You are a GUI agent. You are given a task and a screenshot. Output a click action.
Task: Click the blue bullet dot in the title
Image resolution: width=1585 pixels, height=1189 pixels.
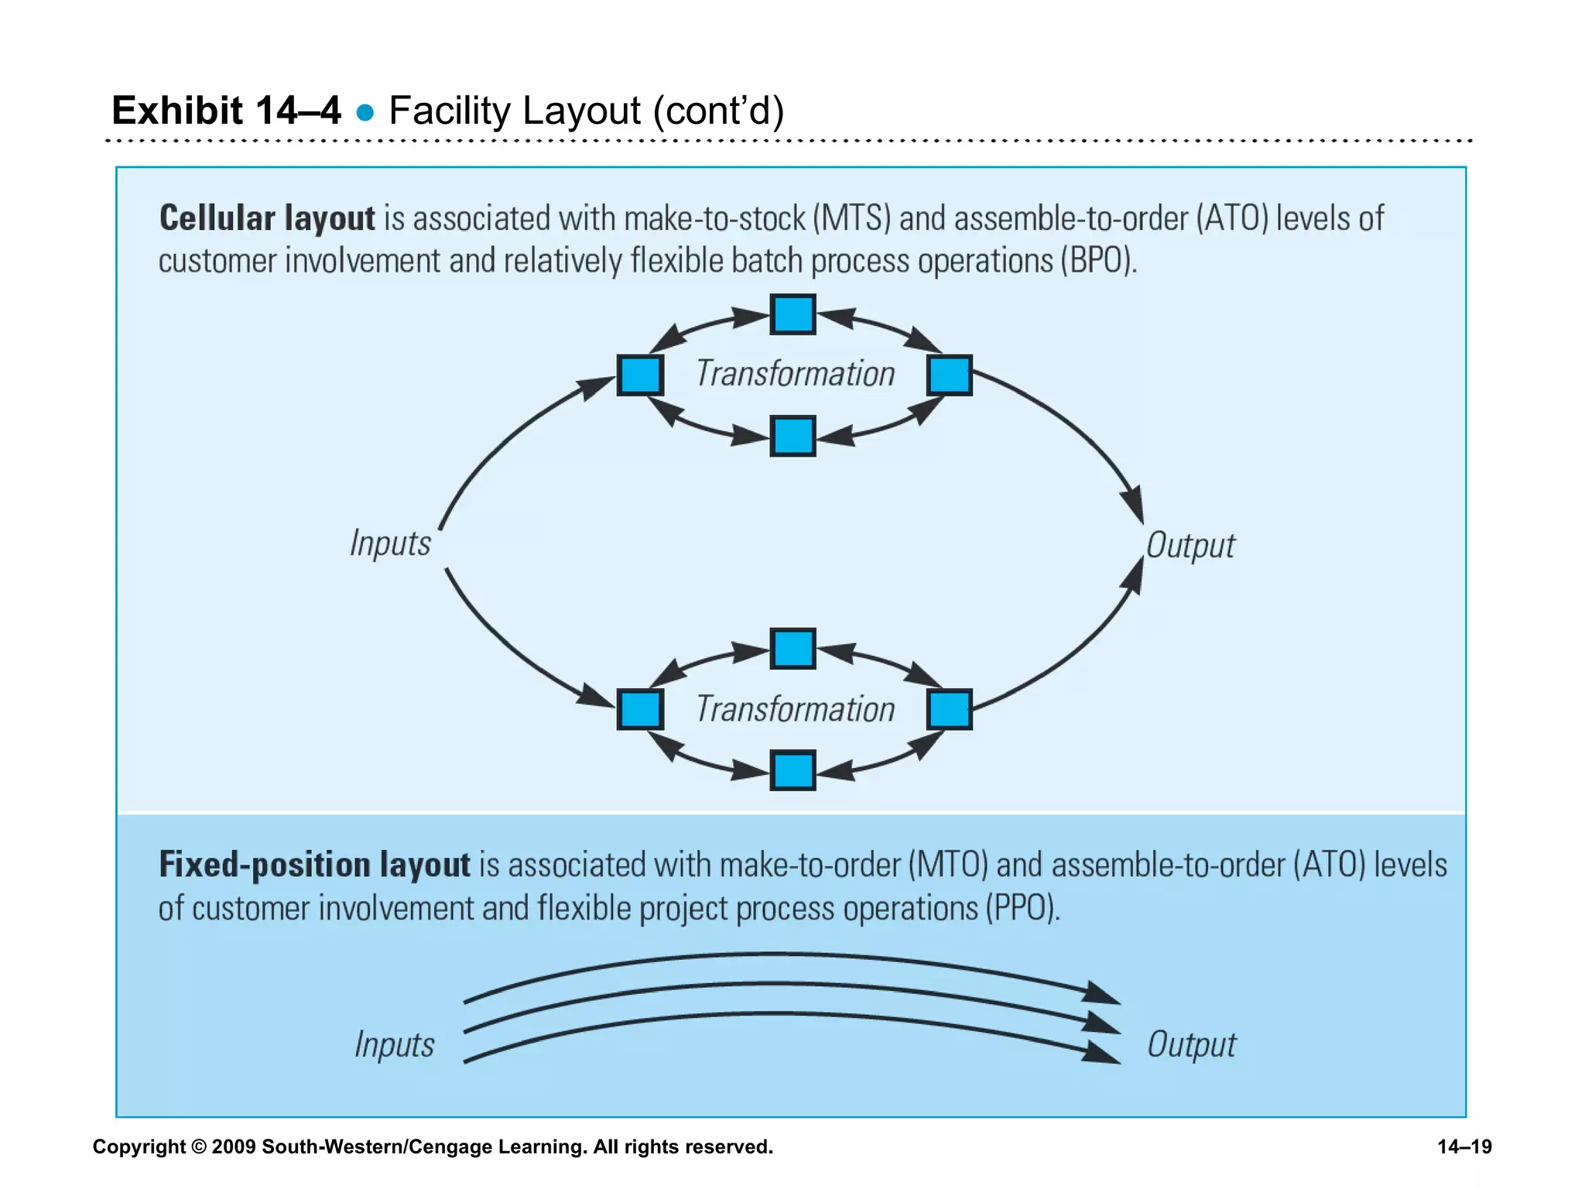[x=365, y=114]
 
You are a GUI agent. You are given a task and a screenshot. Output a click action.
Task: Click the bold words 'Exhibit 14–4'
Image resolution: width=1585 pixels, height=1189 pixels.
[x=226, y=111]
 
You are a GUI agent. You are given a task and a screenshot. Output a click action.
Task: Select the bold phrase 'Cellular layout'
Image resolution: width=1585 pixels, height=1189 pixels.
[x=267, y=218]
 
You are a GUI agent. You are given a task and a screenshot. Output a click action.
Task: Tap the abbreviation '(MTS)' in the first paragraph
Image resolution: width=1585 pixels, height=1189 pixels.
[x=851, y=218]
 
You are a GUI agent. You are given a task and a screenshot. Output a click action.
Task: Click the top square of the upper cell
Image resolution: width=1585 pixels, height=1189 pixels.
[x=792, y=314]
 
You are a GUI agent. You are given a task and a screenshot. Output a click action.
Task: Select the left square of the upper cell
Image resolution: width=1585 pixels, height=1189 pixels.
[x=640, y=375]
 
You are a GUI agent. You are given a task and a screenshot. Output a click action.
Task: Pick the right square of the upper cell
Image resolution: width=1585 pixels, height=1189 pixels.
[x=949, y=375]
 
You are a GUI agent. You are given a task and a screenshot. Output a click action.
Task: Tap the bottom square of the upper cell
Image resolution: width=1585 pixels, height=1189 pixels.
[x=792, y=436]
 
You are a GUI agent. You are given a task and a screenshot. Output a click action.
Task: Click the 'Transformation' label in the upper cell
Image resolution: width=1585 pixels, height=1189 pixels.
[x=795, y=374]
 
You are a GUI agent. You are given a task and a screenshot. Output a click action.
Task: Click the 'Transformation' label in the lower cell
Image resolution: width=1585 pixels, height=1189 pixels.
[x=795, y=709]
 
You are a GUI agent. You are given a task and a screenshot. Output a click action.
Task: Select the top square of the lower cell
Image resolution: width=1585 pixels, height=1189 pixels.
[x=792, y=649]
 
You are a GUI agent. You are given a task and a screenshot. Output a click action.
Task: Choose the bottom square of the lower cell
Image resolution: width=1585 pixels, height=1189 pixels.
[x=792, y=771]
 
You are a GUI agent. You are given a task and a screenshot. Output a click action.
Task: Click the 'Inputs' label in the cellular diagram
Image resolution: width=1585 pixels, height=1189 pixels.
[x=390, y=543]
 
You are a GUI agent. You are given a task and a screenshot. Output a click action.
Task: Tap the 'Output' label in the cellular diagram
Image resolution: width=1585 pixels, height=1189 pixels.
[x=1190, y=546]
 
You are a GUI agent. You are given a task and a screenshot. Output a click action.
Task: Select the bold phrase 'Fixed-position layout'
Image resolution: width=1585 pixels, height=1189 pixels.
[x=314, y=865]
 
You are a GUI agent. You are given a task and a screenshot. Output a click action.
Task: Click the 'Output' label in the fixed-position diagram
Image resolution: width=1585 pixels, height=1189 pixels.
[x=1191, y=1045]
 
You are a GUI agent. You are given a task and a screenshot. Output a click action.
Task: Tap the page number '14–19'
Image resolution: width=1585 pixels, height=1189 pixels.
[x=1464, y=1146]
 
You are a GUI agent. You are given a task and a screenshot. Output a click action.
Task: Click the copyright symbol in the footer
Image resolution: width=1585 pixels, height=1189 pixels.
[x=199, y=1146]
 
